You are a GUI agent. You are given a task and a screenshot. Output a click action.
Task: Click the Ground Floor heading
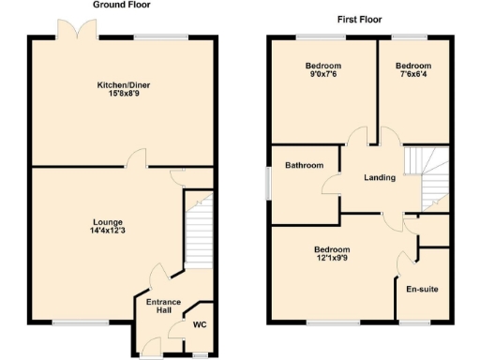click(121, 5)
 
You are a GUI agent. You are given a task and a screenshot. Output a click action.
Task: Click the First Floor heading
click(358, 19)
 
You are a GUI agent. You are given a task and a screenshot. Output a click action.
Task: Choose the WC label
click(199, 325)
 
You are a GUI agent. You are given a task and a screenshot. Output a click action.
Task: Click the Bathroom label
click(305, 166)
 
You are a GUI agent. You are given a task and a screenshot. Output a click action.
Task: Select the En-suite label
click(421, 289)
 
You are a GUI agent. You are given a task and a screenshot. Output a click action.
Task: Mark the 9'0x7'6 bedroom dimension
click(322, 75)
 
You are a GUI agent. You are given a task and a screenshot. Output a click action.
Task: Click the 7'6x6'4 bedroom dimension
click(412, 75)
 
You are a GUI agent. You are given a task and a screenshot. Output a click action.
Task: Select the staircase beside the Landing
click(431, 178)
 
